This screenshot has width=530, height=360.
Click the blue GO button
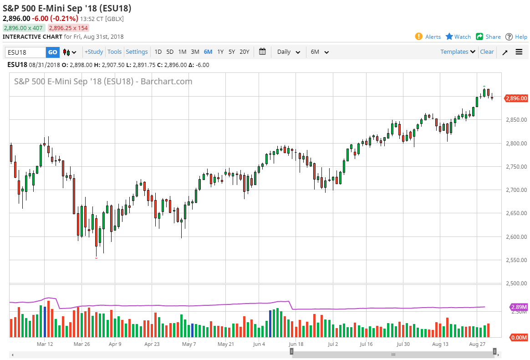[x=53, y=52]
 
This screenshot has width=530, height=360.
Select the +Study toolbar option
[x=94, y=52]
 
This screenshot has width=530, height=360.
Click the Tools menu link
[x=115, y=52]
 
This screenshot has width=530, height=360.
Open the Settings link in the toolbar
[x=137, y=52]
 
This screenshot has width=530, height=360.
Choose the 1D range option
[x=158, y=52]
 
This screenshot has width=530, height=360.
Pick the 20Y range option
[x=245, y=52]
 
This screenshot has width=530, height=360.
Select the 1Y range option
[x=220, y=52]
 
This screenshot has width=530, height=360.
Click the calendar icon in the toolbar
[x=262, y=51]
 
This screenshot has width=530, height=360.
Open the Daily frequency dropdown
[x=289, y=52]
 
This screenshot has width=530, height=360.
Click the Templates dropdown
[x=458, y=52]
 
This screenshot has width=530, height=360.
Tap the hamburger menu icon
[x=519, y=52]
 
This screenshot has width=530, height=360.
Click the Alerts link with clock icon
[x=428, y=37]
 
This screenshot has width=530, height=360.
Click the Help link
[x=516, y=37]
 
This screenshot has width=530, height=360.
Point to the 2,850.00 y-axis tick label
[x=517, y=120]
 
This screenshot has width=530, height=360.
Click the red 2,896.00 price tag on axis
[x=516, y=98]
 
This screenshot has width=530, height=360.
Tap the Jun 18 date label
[x=296, y=345]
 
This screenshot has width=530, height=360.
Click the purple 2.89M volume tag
[x=519, y=307]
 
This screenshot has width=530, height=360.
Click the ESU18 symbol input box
[x=25, y=52]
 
